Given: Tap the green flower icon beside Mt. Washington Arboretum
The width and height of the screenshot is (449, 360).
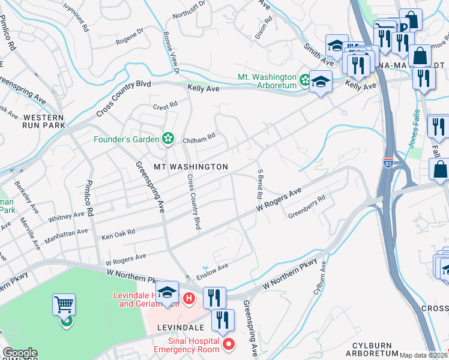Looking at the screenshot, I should coord(305,79).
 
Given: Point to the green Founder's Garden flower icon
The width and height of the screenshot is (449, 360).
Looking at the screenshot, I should coord(168,139).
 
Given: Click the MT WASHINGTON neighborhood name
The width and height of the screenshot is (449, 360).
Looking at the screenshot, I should coord(191,166).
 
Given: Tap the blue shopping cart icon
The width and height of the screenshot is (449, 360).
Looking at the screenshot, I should coord(64,305).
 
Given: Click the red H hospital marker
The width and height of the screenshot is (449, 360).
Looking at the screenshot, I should coord(189,297).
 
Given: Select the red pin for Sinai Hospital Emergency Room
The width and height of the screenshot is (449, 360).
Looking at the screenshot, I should coord(228,343).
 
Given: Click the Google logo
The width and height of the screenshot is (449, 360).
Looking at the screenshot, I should coord(20,353).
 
